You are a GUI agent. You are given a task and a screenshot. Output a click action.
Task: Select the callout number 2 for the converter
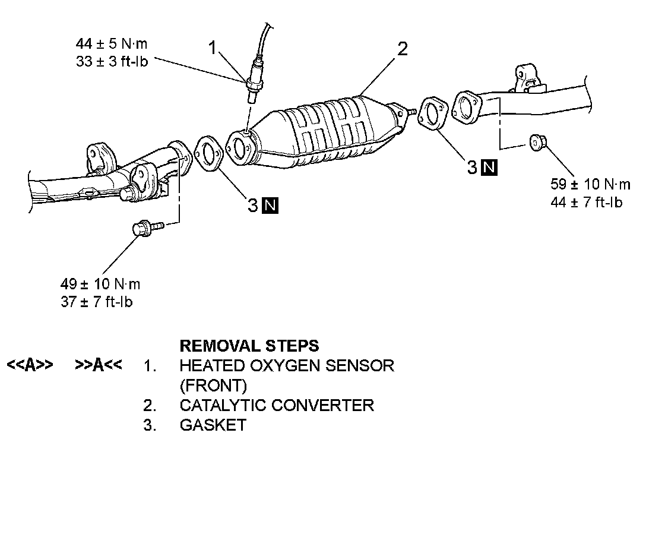[403, 48]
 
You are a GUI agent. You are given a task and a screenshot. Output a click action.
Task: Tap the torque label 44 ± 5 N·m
[112, 43]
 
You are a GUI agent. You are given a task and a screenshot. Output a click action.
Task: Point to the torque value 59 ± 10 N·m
[590, 184]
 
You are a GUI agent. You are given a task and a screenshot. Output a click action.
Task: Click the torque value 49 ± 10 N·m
[100, 284]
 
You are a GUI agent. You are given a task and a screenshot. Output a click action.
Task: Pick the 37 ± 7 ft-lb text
[96, 302]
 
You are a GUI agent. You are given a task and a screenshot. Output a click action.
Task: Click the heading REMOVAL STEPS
[249, 346]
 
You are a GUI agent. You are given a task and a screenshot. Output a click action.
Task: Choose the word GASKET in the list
[213, 425]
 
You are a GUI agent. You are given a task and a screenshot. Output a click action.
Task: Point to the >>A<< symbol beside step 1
[99, 365]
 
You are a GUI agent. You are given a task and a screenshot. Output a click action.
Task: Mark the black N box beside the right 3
[489, 168]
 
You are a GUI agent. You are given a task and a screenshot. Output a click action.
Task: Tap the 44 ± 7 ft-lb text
[587, 202]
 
